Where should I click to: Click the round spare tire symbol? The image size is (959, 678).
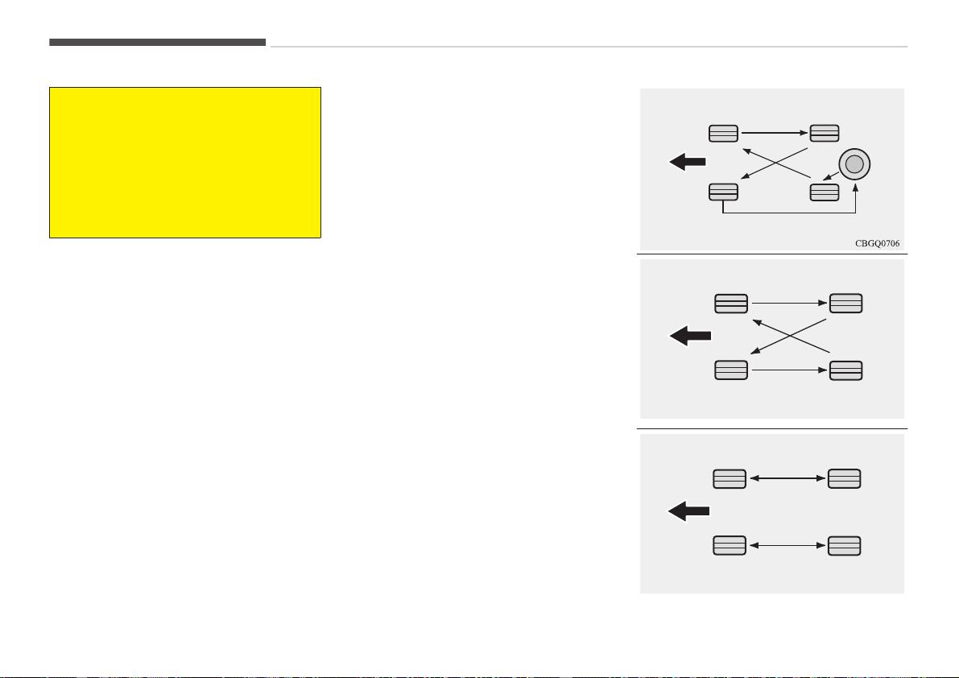(854, 163)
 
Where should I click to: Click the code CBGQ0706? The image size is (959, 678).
(877, 243)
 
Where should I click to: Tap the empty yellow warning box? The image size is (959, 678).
(185, 163)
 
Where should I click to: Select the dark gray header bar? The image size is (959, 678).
(157, 42)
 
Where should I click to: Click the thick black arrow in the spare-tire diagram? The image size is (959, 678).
(688, 162)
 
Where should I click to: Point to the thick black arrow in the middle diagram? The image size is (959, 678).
(691, 336)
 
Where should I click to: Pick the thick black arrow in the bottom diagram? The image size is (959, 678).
(688, 511)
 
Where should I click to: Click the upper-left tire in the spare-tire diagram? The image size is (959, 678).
(724, 134)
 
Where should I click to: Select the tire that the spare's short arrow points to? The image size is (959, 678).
(825, 192)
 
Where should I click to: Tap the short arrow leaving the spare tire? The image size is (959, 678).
(831, 176)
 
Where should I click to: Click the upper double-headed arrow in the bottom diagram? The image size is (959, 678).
(787, 478)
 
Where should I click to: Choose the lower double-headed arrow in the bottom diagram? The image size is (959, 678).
(787, 545)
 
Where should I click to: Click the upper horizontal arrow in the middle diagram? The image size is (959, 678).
(790, 303)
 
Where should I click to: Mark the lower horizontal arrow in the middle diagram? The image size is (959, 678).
(790, 370)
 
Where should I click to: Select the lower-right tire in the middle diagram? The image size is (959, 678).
(845, 370)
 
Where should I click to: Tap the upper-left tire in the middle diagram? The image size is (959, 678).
(731, 304)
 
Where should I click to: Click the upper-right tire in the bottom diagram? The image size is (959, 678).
(845, 478)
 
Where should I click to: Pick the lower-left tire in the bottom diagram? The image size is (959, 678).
(730, 545)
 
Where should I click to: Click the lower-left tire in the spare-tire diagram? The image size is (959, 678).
(724, 192)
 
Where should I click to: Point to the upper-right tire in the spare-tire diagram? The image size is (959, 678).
(825, 134)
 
